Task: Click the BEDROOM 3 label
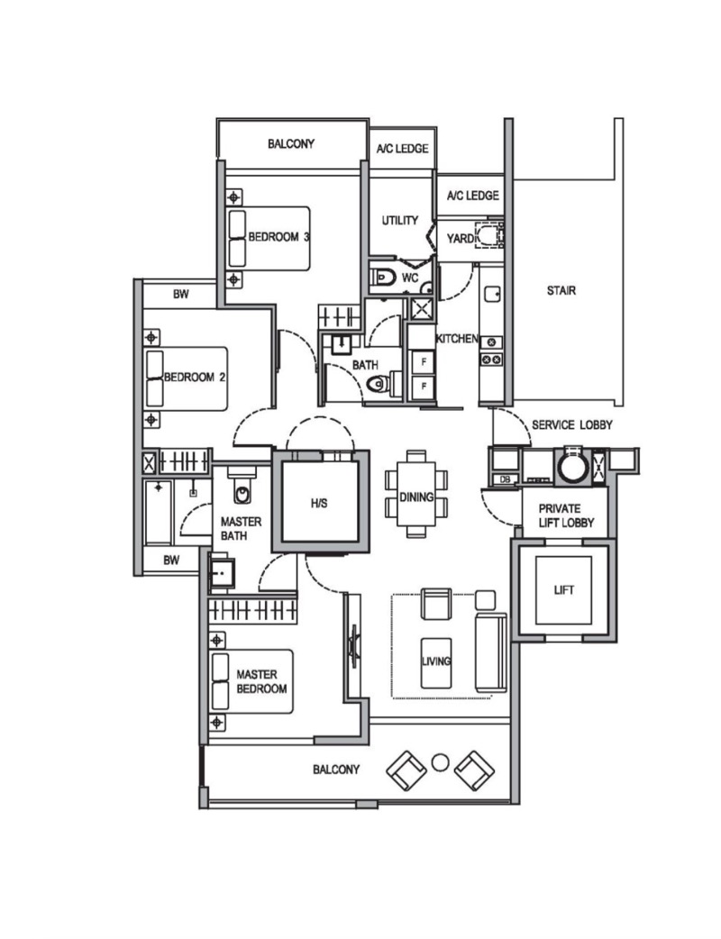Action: [278, 237]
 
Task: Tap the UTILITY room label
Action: [400, 221]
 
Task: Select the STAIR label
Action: [561, 291]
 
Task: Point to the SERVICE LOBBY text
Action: [572, 425]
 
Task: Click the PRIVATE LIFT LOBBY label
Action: [566, 515]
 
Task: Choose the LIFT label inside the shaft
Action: [563, 590]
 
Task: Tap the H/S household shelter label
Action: [319, 504]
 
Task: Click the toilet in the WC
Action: [383, 278]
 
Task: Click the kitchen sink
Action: [493, 295]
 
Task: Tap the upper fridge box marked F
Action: [424, 362]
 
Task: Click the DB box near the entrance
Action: [504, 479]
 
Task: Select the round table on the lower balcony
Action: [440, 762]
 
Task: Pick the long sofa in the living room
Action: [491, 652]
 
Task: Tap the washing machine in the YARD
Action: [489, 234]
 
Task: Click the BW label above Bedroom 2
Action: [181, 294]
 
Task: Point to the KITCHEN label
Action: [457, 339]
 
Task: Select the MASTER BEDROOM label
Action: [261, 681]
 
